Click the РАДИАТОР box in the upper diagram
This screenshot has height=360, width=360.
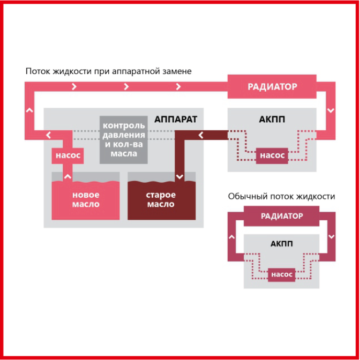pos(272,86)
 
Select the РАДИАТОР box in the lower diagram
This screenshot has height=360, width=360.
pos(282,216)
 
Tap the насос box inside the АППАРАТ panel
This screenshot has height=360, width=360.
pos(67,155)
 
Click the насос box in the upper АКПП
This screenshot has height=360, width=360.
pos(272,155)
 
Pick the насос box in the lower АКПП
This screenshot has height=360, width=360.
pos(282,275)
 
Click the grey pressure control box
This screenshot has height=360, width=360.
pos(123,140)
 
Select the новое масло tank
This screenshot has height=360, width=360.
pos(86,200)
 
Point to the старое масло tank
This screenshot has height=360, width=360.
pos(162,200)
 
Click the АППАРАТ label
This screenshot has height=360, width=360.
pos(176,119)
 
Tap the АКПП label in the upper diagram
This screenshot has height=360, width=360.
pos(272,119)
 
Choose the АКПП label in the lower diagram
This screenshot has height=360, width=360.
pos(282,244)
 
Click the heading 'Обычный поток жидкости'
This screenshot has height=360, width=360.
pos(282,197)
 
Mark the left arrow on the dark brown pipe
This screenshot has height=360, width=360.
pos(201,135)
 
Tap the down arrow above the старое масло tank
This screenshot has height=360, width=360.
pos(179,177)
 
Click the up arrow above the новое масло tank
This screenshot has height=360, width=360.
pos(67,176)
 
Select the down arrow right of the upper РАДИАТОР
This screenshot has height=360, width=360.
pos(331,110)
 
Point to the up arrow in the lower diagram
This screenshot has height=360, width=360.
pos(232,237)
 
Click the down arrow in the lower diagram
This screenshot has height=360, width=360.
pos(331,237)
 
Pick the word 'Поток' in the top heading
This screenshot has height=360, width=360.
pos(38,71)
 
